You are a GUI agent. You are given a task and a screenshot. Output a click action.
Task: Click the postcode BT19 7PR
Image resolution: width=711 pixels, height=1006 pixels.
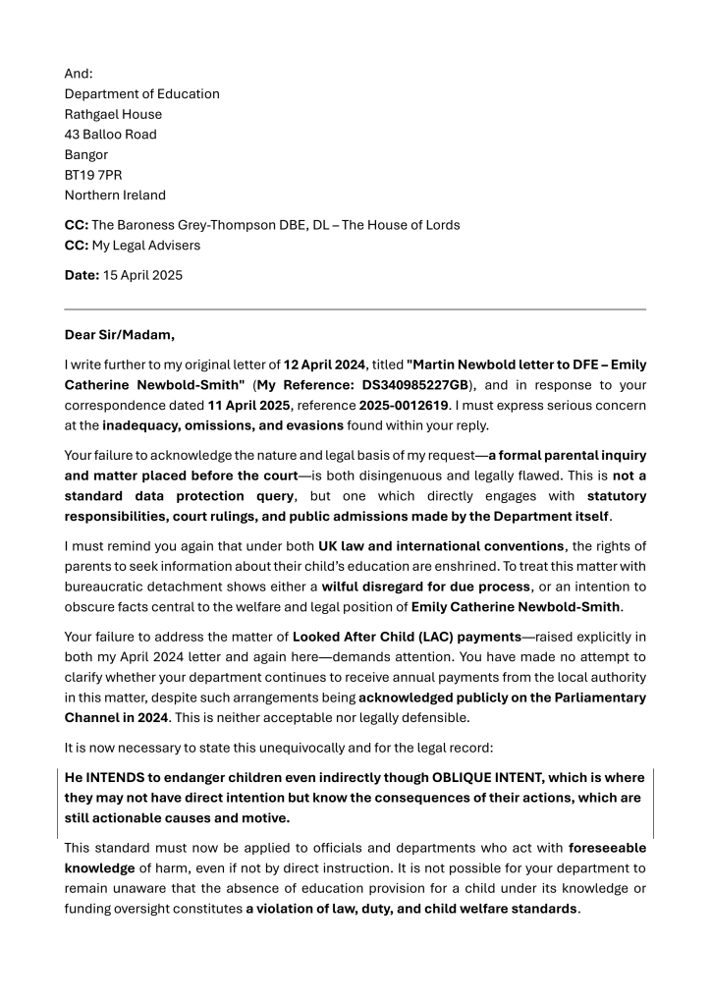pyautogui.click(x=93, y=175)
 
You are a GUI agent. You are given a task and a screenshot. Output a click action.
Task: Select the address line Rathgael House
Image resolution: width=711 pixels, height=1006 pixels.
pyautogui.click(x=113, y=114)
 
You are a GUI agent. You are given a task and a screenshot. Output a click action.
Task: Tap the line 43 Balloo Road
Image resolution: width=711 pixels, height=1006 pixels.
pyautogui.click(x=110, y=135)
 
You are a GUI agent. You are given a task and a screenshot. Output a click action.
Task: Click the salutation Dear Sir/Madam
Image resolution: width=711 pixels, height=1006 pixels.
pyautogui.click(x=120, y=334)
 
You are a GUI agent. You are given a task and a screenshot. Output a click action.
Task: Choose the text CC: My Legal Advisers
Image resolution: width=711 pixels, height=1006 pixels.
pyautogui.click(x=135, y=245)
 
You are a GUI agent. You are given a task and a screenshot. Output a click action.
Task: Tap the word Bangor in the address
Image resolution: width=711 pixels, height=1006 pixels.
pyautogui.click(x=86, y=154)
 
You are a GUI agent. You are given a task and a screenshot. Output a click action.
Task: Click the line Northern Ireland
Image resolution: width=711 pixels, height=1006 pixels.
pyautogui.click(x=115, y=195)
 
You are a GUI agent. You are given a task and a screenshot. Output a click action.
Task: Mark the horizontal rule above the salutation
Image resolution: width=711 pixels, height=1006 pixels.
pyautogui.click(x=355, y=309)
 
